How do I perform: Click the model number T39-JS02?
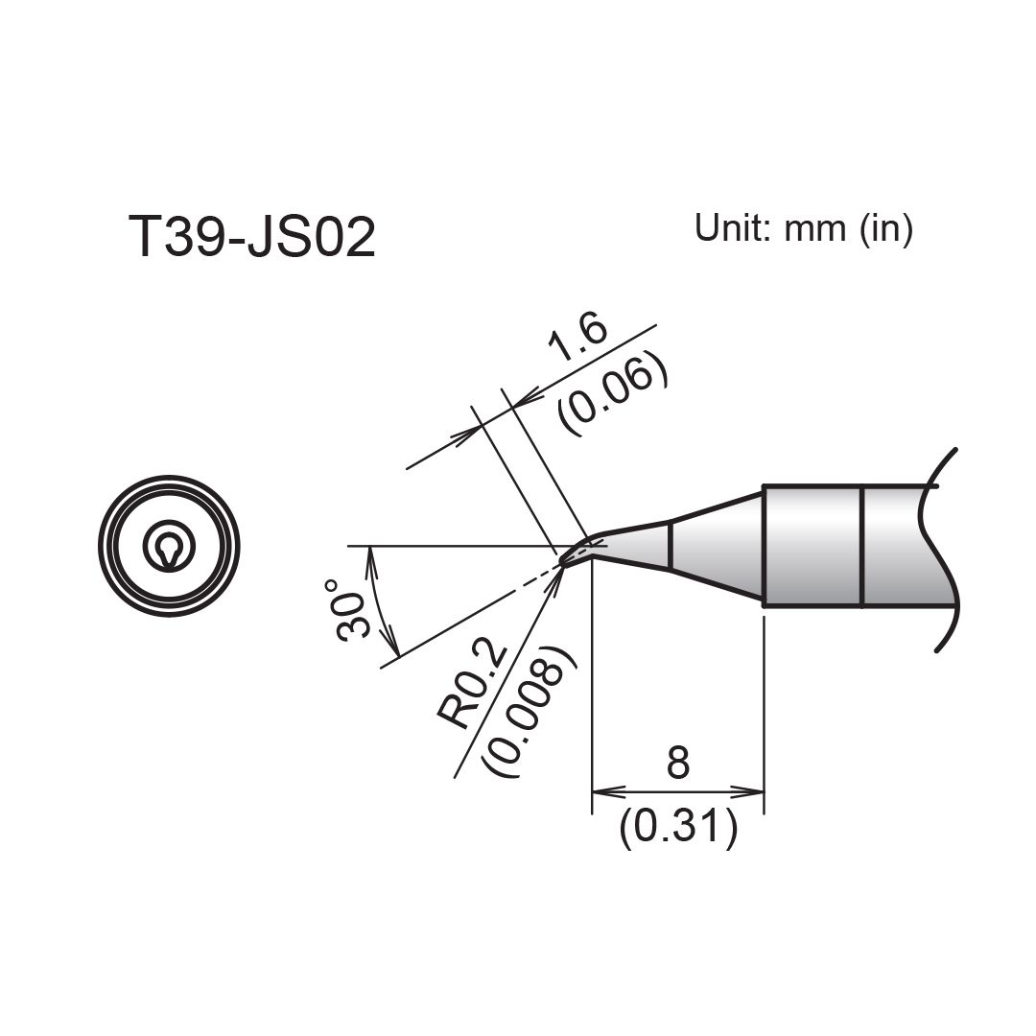[x=251, y=238]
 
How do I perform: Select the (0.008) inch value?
[x=530, y=712]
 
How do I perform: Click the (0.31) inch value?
[x=678, y=827]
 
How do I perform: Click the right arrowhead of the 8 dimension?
[x=750, y=792]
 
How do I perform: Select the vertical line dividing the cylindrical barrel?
[x=862, y=547]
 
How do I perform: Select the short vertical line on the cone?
[x=671, y=546]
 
